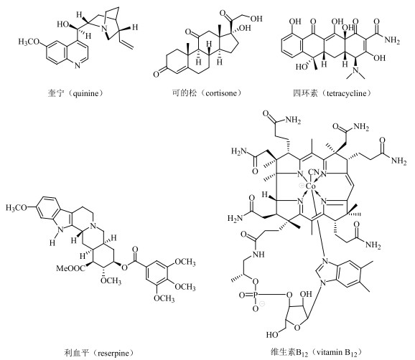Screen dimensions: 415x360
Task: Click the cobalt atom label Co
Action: point(310,186)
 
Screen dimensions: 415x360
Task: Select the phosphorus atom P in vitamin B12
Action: point(255,295)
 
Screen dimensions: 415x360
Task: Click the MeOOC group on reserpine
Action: point(71,268)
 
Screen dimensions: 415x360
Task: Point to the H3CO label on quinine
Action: point(29,42)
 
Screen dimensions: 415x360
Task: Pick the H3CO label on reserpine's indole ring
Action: point(17,208)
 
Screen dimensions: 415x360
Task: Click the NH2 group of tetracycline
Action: point(392,40)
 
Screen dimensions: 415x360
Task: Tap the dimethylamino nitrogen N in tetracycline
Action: point(356,71)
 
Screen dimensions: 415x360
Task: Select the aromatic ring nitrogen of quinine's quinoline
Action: point(77,65)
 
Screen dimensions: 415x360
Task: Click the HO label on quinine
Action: point(63,24)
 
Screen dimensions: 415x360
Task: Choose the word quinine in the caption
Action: point(86,93)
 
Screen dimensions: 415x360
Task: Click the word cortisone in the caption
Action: point(222,93)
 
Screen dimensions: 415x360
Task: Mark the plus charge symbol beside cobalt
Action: point(301,186)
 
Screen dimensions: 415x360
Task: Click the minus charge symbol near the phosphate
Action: point(262,304)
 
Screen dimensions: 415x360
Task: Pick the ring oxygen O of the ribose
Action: point(297,328)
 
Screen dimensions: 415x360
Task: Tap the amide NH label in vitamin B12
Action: point(258,255)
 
